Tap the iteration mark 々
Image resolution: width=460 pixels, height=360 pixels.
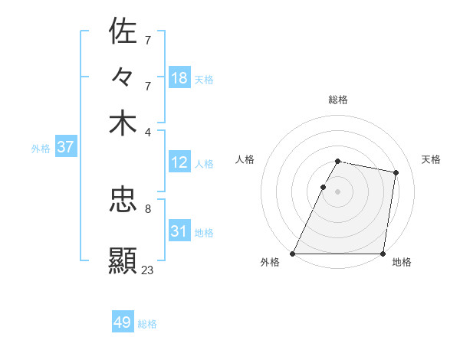pyautogui.click(x=123, y=77)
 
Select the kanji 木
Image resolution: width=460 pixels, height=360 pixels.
pyautogui.click(x=123, y=124)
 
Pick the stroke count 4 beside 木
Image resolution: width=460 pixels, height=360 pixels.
pyautogui.click(x=148, y=132)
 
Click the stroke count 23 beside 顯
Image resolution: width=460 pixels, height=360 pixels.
pyautogui.click(x=148, y=270)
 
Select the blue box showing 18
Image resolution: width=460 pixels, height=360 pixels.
pyautogui.click(x=179, y=78)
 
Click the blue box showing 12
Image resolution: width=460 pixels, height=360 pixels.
pyautogui.click(x=179, y=162)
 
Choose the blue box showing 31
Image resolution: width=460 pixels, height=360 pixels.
pyautogui.click(x=179, y=231)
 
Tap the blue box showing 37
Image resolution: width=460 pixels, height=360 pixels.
pyautogui.click(x=65, y=147)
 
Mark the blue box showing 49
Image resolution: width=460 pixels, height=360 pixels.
pyautogui.click(x=123, y=322)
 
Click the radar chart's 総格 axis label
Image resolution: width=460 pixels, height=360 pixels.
pyautogui.click(x=338, y=100)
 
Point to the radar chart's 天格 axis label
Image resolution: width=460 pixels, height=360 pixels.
pyautogui.click(x=432, y=159)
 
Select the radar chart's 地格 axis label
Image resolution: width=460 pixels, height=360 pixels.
pyautogui.click(x=402, y=262)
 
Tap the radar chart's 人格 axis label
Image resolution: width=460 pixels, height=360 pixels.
pyautogui.click(x=245, y=159)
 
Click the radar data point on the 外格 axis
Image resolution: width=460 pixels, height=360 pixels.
pyautogui.click(x=293, y=254)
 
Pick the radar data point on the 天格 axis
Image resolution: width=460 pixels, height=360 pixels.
pyautogui.click(x=396, y=173)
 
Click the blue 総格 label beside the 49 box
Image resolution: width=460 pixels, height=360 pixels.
pyautogui.click(x=147, y=324)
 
